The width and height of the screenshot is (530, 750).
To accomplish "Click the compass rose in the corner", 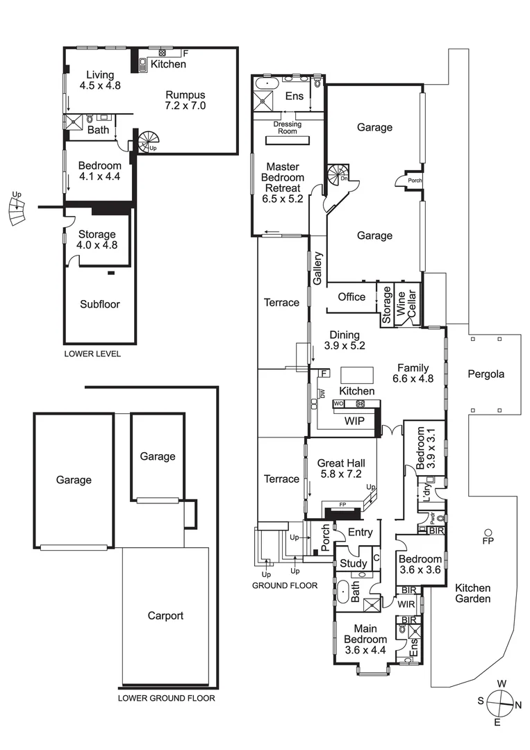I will [499, 703].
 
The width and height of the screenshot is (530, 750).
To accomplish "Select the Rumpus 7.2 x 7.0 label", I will [185, 101].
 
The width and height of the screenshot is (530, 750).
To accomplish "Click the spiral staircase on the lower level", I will [149, 142].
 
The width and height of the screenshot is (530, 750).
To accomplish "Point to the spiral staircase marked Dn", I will [340, 174].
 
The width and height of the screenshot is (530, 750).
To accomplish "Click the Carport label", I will [165, 615].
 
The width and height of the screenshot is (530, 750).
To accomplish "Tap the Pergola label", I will [486, 374].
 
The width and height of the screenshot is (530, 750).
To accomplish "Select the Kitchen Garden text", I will [473, 593].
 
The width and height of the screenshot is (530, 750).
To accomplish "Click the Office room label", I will [351, 297].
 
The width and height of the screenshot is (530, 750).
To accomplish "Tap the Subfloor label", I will [99, 303].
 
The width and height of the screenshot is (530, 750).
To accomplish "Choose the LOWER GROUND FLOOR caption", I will [166, 699].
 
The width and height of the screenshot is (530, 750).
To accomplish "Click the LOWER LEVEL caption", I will [92, 353].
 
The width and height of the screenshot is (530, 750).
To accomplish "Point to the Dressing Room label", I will [288, 128].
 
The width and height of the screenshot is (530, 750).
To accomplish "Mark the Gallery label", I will [318, 267].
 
